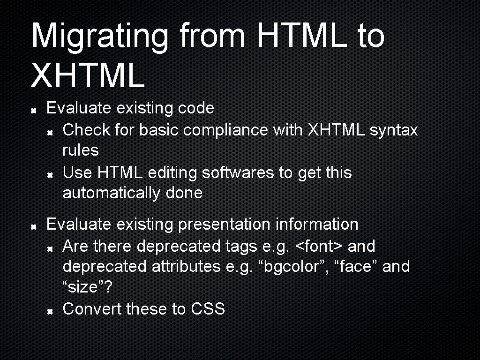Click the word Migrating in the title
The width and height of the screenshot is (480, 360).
(x=100, y=36)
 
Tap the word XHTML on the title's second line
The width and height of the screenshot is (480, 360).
(x=88, y=76)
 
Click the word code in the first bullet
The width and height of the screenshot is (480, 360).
(x=196, y=108)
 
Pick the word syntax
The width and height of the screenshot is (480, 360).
(x=393, y=130)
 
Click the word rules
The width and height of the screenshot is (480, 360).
(x=81, y=150)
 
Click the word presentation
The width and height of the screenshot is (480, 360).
(x=224, y=224)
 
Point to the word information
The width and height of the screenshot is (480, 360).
(x=317, y=224)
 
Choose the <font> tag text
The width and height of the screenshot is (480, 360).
(x=321, y=246)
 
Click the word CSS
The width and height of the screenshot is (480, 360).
(x=208, y=309)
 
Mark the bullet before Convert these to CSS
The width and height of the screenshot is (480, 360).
(x=49, y=310)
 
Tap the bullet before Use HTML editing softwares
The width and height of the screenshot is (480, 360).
(x=49, y=174)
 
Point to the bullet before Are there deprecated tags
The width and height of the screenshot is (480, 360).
(x=49, y=247)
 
